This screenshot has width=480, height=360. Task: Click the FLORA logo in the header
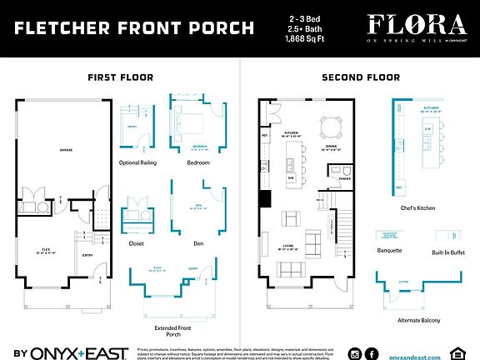421,24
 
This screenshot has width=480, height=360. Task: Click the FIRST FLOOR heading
120,77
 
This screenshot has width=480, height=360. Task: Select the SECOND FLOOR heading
360,77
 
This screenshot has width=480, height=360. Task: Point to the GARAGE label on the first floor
65,150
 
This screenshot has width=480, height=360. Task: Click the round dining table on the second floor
331,127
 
